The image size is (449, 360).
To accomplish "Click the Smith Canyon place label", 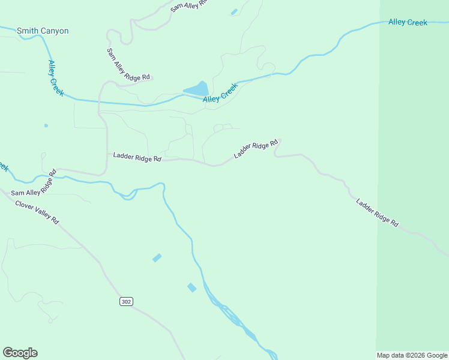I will point(43,31).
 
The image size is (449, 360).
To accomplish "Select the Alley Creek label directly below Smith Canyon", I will point(56,78).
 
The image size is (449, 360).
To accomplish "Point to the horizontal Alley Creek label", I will point(408,22).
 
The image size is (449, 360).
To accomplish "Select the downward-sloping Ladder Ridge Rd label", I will point(377,212).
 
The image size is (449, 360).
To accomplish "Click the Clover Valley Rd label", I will point(37,211).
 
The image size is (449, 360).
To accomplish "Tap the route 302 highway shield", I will point(125,301).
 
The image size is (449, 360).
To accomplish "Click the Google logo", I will point(20,353).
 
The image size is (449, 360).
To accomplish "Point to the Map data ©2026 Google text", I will point(412,355).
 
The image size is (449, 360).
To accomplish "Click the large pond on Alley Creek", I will point(196,89).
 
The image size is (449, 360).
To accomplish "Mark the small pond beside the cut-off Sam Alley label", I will point(234,12).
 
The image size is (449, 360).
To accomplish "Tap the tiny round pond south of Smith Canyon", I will point(46,125).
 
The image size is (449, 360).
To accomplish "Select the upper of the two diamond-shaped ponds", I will point(157,257).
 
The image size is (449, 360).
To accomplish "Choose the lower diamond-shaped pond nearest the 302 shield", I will point(191,287).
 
